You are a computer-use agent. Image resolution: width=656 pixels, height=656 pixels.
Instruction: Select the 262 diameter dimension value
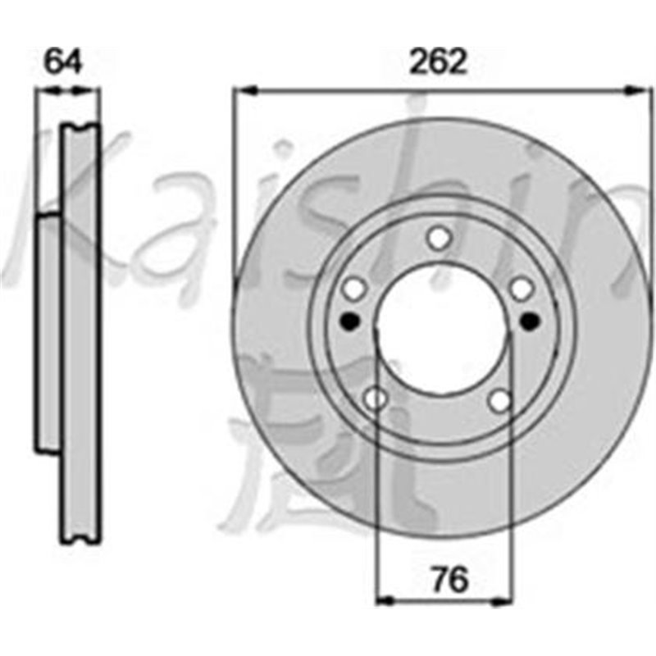[440, 61]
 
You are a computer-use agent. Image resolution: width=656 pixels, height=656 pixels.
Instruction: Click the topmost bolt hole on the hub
[440, 239]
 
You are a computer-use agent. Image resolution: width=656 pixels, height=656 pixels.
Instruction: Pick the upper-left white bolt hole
[354, 288]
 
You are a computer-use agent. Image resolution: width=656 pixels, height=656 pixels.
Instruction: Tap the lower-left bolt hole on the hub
[375, 399]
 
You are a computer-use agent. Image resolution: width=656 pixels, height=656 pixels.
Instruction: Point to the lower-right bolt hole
[500, 400]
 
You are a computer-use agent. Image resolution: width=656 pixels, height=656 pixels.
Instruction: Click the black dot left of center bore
[351, 321]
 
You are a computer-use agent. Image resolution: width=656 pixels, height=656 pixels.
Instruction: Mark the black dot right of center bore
[531, 320]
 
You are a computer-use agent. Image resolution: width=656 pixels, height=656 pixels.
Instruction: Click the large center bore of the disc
[441, 328]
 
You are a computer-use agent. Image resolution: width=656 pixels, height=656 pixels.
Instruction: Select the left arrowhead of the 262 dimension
[241, 89]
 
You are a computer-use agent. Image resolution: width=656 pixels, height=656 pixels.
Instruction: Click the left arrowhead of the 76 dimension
[383, 599]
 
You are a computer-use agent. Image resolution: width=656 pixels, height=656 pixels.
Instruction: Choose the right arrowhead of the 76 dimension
[504, 599]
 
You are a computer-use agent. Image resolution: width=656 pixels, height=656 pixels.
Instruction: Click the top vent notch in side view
[80, 127]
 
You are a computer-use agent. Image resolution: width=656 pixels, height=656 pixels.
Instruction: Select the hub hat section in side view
[50, 332]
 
